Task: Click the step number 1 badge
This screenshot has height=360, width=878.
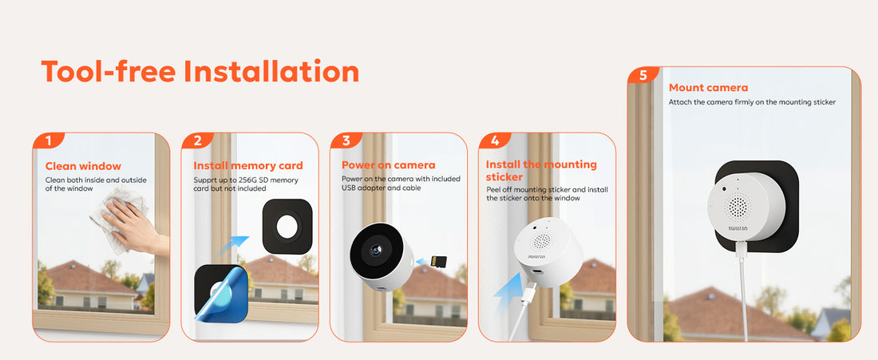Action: [x=48, y=140]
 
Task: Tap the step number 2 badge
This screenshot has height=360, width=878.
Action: [x=197, y=140]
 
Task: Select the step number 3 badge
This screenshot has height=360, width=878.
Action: [x=346, y=140]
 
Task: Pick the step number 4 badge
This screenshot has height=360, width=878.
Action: [x=494, y=140]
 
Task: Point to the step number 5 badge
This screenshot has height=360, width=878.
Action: [x=643, y=75]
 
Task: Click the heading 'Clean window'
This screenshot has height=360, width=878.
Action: [x=83, y=166]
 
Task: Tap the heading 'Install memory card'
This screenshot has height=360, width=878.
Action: [x=248, y=166]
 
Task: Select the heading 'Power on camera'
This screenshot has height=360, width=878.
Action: [x=389, y=165]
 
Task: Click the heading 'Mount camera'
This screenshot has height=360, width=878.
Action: [x=708, y=88]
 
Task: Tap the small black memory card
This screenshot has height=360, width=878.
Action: [x=438, y=262]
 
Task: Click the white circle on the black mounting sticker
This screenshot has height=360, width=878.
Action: [x=287, y=227]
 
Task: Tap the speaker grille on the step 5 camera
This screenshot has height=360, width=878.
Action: [x=737, y=208]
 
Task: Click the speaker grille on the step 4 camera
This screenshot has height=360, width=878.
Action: [x=541, y=241]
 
